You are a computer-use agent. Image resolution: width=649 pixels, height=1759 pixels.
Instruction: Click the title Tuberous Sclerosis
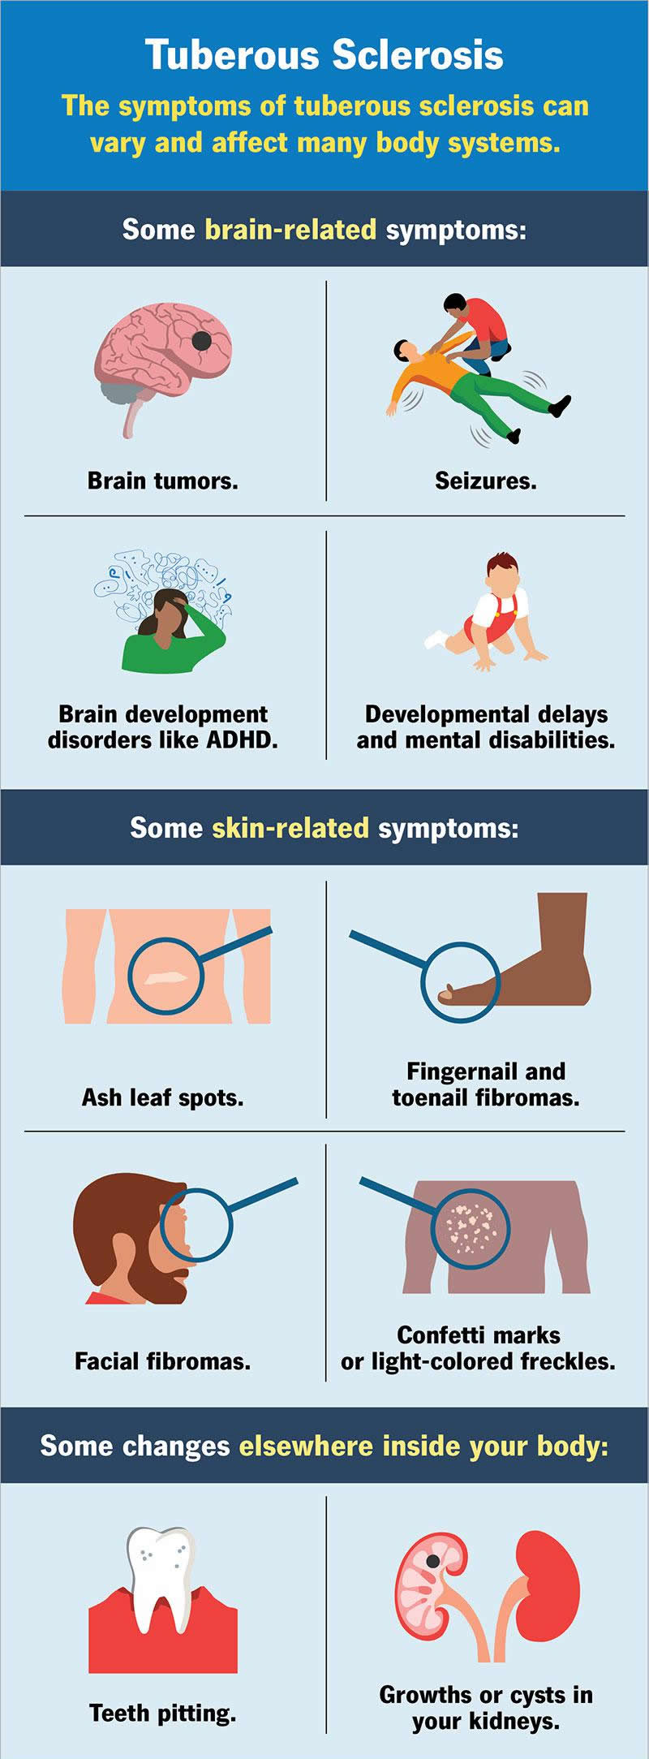(x=324, y=55)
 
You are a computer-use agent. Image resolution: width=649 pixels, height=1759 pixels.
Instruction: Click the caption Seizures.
(x=486, y=481)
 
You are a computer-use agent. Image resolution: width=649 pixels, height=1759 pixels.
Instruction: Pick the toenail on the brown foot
(x=445, y=994)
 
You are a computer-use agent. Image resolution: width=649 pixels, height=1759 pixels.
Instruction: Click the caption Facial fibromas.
(x=162, y=1361)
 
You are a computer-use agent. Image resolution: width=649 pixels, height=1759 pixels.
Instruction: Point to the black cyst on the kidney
(x=434, y=1561)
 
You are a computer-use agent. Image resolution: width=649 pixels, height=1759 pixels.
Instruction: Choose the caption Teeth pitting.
(x=162, y=1714)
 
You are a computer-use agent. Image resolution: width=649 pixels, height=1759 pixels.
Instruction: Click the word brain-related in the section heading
(x=290, y=230)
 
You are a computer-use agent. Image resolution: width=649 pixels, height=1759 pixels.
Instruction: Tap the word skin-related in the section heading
(x=290, y=828)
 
